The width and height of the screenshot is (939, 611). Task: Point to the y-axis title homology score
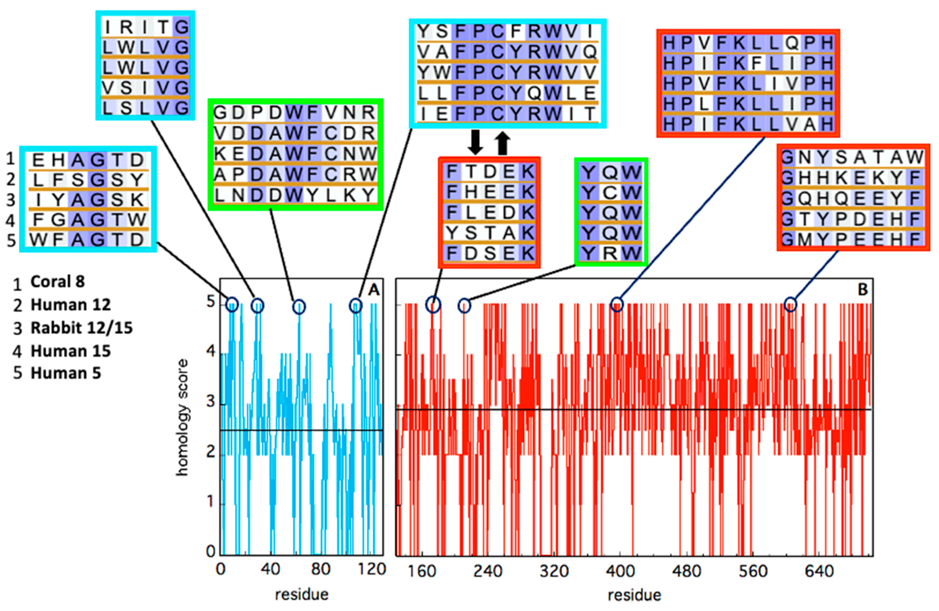[x=182, y=418]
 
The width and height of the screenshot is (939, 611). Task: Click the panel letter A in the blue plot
[x=373, y=290]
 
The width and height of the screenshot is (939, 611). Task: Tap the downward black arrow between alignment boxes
[x=475, y=143]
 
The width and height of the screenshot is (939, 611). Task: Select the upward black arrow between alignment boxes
[x=502, y=143]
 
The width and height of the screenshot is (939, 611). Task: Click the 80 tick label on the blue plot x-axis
[x=320, y=569]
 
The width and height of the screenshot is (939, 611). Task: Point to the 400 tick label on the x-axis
[x=621, y=571]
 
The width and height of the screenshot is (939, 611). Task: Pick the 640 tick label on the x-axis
[x=819, y=571]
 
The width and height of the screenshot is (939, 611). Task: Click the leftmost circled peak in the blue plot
[x=232, y=304]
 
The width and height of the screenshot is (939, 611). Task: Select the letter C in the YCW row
[x=610, y=193]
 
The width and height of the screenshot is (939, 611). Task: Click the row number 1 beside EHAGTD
[x=11, y=159]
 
